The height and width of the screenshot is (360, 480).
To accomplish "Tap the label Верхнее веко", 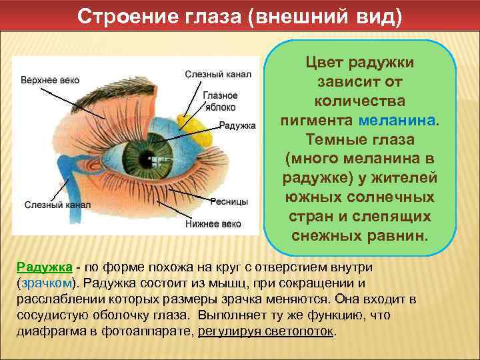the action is (51, 80).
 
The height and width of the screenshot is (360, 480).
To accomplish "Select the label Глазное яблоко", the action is (220, 101).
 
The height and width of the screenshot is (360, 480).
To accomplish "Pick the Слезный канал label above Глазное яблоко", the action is (218, 74).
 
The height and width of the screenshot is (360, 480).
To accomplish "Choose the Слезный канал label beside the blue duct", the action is (53, 205).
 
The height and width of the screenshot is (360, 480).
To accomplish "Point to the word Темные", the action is (330, 141).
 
